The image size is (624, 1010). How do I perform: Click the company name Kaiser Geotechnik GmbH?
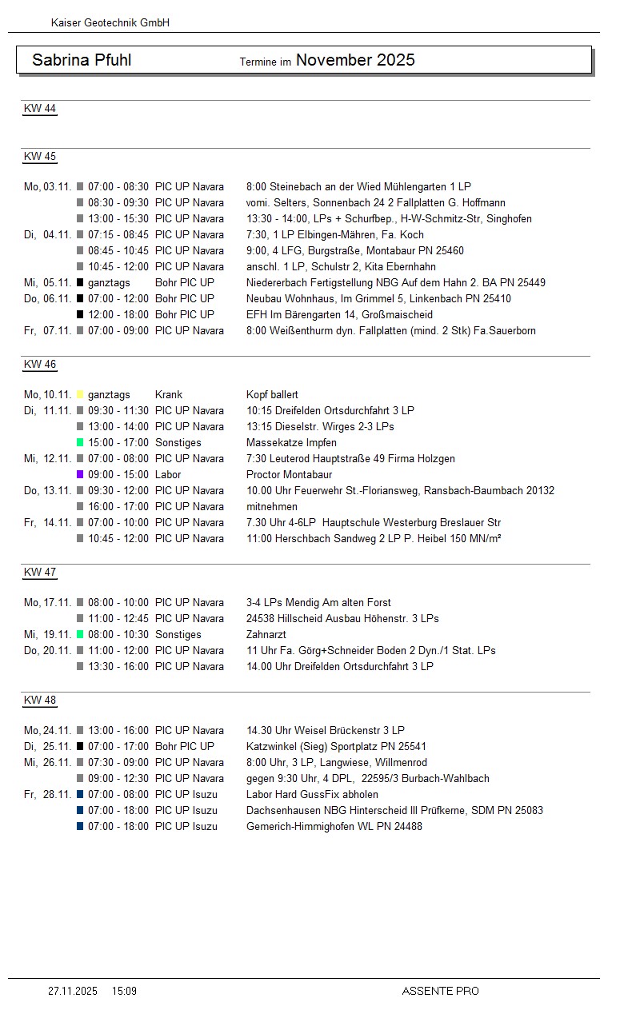coord(110,23)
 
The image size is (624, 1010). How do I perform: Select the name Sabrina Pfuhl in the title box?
coord(82,60)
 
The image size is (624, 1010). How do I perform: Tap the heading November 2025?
coord(355,60)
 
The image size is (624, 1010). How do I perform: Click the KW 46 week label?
coord(40,365)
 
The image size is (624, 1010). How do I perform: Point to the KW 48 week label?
coord(40,701)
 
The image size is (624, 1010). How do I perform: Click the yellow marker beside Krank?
coord(80,394)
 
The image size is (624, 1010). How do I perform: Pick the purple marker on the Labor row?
coord(80,474)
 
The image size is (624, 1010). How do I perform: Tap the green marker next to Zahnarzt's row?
coord(80,634)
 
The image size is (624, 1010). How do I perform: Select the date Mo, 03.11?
coord(47,186)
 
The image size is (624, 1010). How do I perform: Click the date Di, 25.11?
coord(47,746)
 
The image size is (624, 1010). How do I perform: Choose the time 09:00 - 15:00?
coord(118,474)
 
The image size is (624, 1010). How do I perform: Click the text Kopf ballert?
coord(273,394)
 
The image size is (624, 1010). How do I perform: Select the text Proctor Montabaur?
coord(289,474)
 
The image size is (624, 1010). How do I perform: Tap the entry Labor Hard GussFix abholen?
coord(312,794)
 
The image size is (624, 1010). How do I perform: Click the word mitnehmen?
coord(272,506)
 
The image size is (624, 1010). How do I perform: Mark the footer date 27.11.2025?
coord(73,991)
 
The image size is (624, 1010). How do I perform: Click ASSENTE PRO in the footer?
coord(440,991)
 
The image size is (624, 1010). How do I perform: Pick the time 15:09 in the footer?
coord(124,991)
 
